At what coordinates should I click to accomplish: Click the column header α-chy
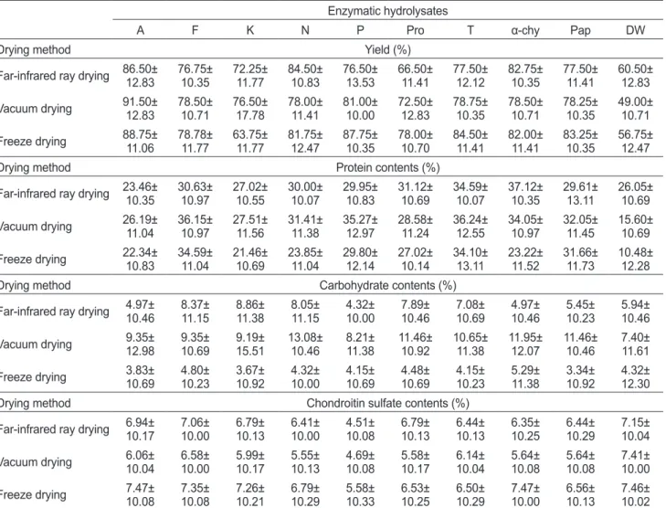(525, 30)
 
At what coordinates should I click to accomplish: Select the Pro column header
(415, 30)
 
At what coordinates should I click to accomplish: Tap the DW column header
(635, 30)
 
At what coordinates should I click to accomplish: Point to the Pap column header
(580, 30)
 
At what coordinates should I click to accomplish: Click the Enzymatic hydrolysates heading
(387, 11)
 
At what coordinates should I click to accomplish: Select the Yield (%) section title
(387, 49)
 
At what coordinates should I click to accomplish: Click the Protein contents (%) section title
(387, 167)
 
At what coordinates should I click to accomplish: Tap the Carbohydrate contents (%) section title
(387, 285)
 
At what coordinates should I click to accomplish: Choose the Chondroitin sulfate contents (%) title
(387, 403)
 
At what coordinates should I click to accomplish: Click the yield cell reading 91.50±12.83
(140, 109)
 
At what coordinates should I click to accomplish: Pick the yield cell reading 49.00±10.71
(635, 109)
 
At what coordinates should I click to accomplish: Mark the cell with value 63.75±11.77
(249, 142)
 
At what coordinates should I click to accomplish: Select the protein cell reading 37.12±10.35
(525, 194)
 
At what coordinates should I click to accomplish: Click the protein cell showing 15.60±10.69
(635, 227)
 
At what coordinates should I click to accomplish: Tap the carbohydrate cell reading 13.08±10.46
(305, 344)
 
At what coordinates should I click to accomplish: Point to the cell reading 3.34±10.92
(580, 377)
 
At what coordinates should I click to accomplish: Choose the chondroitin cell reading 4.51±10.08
(360, 429)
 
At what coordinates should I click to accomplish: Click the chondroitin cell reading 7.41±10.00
(635, 462)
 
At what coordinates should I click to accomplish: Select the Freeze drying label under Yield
(33, 142)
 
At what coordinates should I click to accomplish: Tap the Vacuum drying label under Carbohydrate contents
(36, 344)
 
